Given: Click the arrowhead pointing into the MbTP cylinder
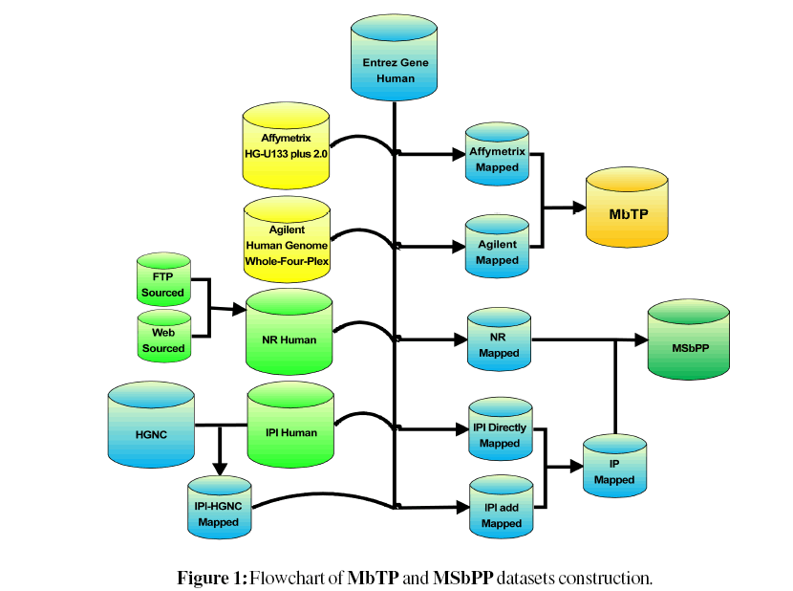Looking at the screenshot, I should click(x=578, y=206).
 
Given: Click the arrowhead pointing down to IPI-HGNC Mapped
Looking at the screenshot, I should click(x=220, y=468).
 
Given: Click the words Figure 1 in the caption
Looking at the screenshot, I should click(x=211, y=578).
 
